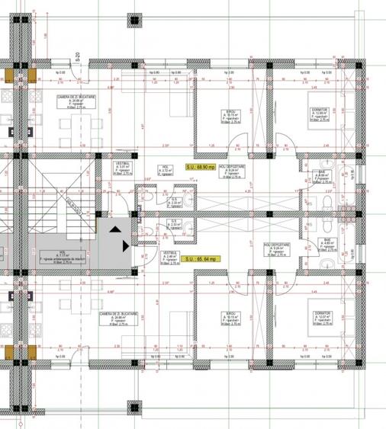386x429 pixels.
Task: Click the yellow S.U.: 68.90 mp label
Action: (201, 165)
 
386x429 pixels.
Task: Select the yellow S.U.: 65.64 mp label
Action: (201, 260)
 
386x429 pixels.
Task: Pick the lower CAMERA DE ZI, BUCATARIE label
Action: (117, 312)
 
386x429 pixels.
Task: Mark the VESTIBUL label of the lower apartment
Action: (170, 251)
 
